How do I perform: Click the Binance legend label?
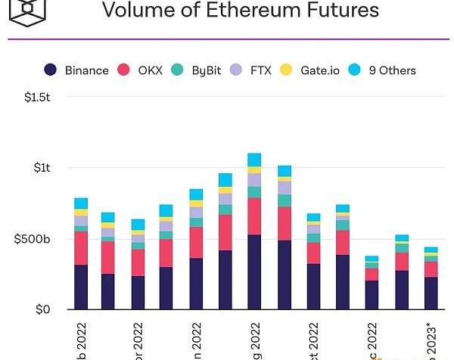[86, 70]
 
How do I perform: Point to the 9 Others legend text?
[392, 70]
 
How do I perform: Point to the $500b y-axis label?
[33, 239]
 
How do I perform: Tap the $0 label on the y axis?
[43, 309]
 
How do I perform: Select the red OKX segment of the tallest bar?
[254, 216]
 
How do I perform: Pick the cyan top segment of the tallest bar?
[254, 160]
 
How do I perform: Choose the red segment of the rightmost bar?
[431, 269]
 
